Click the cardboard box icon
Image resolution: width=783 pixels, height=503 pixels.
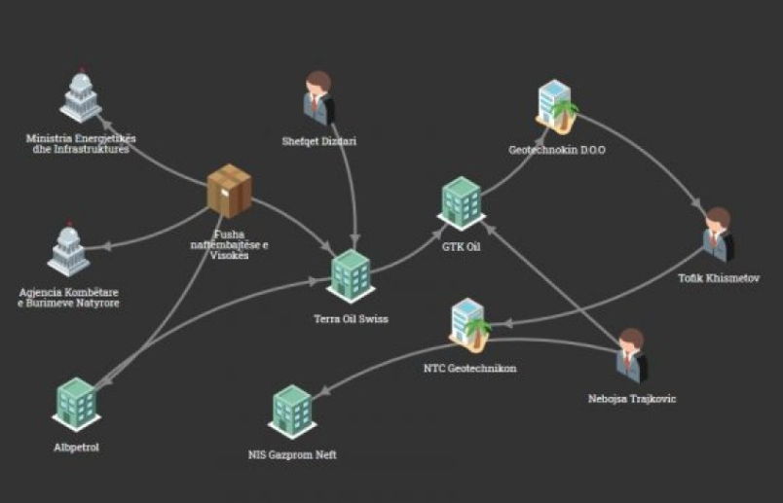point(229,190)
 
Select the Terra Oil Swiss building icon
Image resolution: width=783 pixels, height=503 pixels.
point(351,275)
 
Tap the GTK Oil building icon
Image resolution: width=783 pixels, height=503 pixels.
point(463,202)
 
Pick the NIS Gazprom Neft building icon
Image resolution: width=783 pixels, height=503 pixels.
point(292,411)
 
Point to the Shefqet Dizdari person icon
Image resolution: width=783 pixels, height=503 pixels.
point(318,97)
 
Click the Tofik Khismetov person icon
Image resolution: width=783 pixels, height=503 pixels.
point(718,234)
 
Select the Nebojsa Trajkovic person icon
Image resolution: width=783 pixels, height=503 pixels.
point(631,354)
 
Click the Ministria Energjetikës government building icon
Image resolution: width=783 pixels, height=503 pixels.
point(81,97)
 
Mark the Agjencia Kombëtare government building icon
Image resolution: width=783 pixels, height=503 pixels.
point(68,252)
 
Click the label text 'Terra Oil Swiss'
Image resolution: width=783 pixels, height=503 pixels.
point(351,319)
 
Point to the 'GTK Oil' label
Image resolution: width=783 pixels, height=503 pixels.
point(462,247)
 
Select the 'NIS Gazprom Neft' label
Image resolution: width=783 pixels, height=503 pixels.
point(292,454)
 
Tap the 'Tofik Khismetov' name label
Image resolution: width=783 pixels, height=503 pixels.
point(717,279)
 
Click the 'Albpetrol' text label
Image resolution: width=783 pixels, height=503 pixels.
point(77,448)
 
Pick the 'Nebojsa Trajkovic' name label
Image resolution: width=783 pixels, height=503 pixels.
point(631,399)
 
